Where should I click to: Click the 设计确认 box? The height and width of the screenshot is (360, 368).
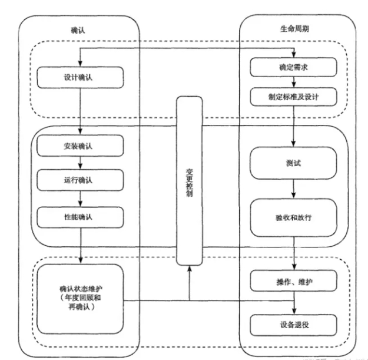(80, 77)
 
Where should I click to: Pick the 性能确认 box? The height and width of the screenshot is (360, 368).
(80, 217)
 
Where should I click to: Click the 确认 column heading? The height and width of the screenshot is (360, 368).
(77, 28)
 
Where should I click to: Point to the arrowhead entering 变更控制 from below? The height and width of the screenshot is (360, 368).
(189, 268)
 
